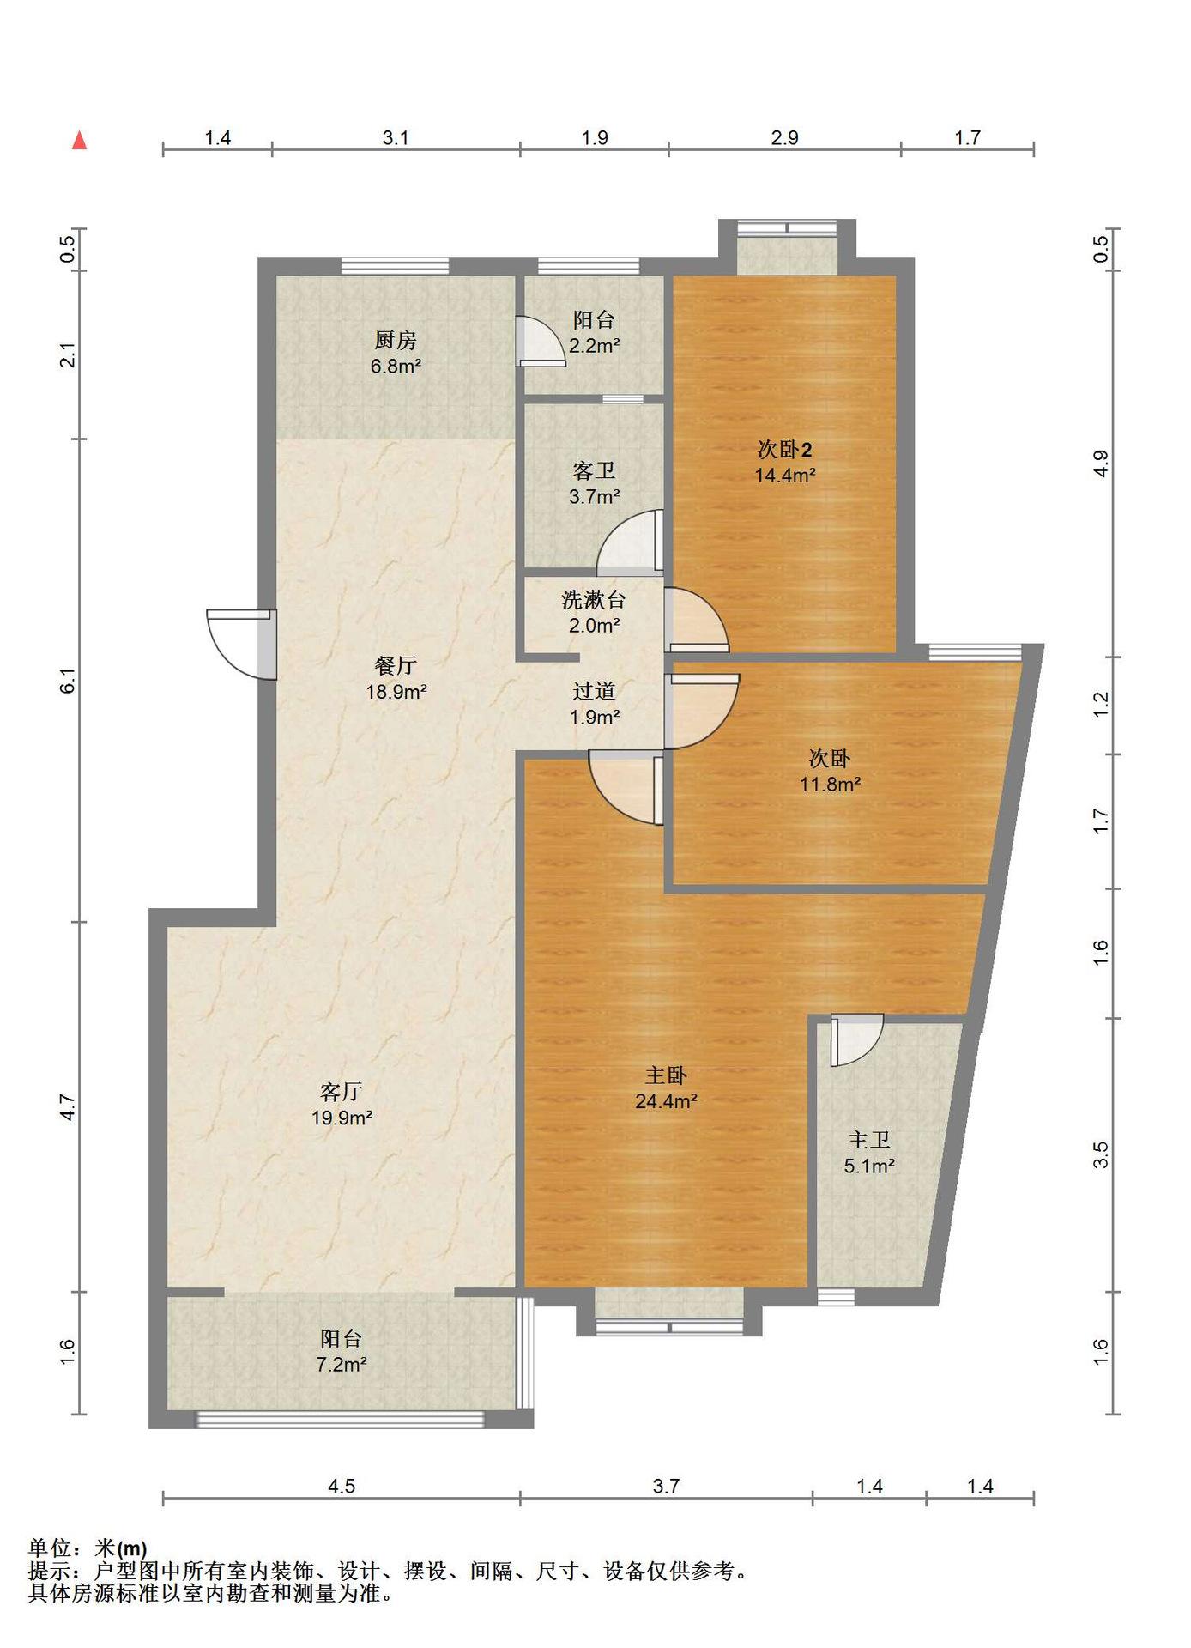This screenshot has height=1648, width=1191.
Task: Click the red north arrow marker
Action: pos(80,141)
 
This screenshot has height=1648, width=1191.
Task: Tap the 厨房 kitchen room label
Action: pos(396,341)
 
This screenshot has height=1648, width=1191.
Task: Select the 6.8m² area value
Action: pos(396,367)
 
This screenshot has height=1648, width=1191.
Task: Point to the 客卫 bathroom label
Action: pos(594,470)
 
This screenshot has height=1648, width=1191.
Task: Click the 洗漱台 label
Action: pos(594,599)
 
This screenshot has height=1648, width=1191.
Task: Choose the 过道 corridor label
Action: pos(594,690)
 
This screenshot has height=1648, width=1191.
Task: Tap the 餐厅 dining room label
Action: pos(396,665)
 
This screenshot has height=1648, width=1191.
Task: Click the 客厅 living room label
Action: pos(341,1092)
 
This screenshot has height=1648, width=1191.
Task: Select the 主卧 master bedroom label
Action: pos(666,1075)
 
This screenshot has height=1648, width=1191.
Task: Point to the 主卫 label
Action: pos(869,1140)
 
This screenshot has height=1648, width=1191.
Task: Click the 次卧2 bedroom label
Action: pos(785,449)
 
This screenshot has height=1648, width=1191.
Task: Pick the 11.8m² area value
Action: pos(830,784)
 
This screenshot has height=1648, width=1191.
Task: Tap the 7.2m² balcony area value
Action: pos(342,1364)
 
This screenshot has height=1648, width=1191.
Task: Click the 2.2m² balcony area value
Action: pos(594,346)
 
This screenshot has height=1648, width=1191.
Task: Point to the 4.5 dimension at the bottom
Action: pos(342,1486)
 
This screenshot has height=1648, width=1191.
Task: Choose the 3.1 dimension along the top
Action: pos(396,137)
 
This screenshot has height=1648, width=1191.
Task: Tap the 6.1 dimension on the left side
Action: pos(68,681)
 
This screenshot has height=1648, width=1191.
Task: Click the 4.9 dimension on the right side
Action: pos(1102,463)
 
